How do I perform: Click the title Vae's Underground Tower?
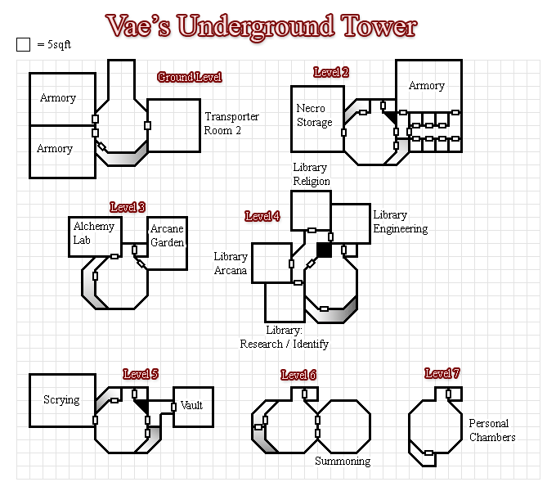click(x=262, y=26)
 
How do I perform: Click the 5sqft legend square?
click(x=23, y=44)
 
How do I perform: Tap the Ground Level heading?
click(x=189, y=77)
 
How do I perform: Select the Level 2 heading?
click(x=331, y=72)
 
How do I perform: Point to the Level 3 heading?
click(x=128, y=207)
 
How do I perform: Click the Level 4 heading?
click(x=262, y=216)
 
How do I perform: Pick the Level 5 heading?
click(x=141, y=374)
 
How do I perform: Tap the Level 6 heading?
click(x=298, y=375)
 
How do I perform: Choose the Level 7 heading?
click(x=442, y=373)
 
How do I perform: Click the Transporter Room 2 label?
click(x=231, y=123)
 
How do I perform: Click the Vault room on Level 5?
click(x=193, y=406)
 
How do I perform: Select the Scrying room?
click(x=62, y=400)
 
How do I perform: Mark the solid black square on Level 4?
click(x=324, y=250)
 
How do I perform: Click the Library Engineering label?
click(x=400, y=222)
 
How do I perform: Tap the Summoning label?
click(x=343, y=461)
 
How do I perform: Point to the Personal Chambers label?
click(x=491, y=430)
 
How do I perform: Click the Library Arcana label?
click(x=231, y=264)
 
